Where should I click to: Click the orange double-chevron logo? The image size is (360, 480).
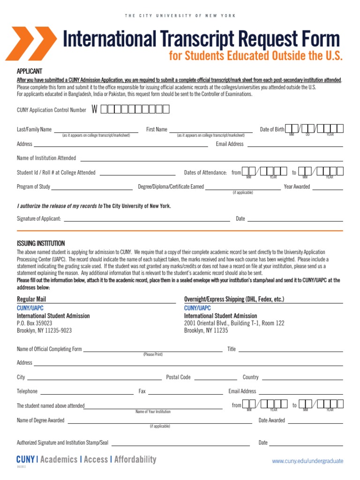pos(30,44)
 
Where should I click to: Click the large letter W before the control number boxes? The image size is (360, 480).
pos(95,110)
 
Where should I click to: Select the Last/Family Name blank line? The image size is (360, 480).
pos(96,132)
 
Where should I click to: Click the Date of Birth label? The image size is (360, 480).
pos(272,129)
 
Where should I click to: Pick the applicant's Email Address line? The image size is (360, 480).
pos(295,146)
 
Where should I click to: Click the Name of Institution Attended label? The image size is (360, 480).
pos(46,158)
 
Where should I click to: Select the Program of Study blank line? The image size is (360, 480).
pos(92,189)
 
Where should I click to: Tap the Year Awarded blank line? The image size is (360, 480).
pos(327,189)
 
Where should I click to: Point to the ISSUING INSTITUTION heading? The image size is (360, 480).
pos(41,243)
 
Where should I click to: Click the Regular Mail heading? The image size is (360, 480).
pos(31,299)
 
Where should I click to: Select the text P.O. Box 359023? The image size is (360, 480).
pos(35,323)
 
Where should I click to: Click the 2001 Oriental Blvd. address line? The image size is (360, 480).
pos(234,323)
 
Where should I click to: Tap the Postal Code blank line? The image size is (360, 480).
pos(215,379)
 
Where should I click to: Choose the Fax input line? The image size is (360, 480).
pos(185,394)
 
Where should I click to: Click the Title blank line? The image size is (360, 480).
pos(291,352)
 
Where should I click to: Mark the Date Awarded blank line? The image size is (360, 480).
pos(315,423)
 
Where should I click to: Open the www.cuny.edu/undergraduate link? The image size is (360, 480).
pos(307,461)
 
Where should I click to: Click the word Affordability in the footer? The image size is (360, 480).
pos(135,459)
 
